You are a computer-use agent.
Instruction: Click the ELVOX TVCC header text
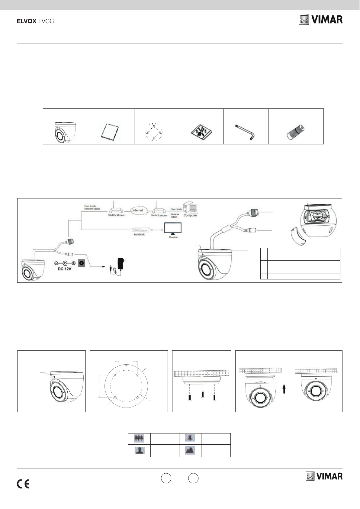[35, 21]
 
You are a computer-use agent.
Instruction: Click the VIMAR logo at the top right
[321, 20]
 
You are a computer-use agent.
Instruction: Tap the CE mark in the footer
[23, 484]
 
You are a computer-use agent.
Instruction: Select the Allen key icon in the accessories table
[246, 132]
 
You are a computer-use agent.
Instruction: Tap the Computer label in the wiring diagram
[190, 215]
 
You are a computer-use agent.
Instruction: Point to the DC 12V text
[64, 269]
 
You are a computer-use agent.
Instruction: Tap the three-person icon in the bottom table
[139, 439]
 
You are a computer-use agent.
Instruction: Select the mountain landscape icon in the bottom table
[190, 450]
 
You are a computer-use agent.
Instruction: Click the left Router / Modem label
[116, 215]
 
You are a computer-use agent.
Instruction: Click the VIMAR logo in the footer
[324, 476]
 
